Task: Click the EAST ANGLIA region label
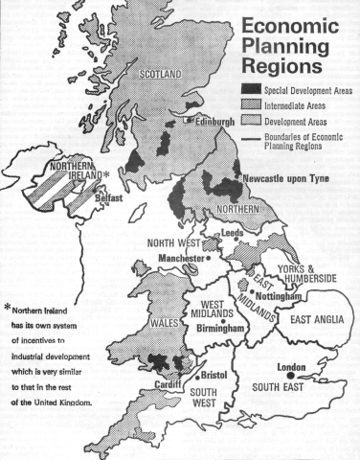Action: pos(319,319)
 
